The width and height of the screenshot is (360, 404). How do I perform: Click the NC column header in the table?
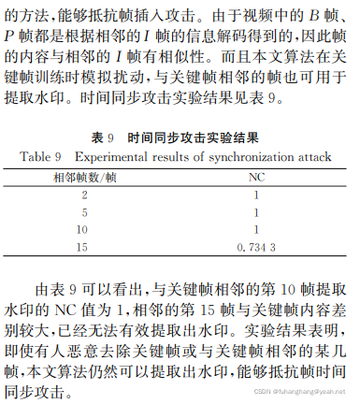(x=254, y=175)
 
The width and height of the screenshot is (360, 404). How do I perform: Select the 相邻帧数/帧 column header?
(x=85, y=175)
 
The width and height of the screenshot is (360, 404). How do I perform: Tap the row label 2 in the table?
(x=84, y=195)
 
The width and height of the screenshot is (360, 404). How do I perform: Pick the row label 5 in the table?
(x=84, y=211)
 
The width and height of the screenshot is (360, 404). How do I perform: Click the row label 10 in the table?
(x=84, y=228)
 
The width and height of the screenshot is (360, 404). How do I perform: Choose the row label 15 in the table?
(x=84, y=246)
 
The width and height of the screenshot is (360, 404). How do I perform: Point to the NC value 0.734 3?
(x=254, y=246)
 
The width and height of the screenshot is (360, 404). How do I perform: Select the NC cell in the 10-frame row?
(x=254, y=228)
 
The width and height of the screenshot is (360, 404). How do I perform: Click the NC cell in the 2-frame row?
(x=254, y=195)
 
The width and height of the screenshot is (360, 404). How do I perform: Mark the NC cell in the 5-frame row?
(x=254, y=211)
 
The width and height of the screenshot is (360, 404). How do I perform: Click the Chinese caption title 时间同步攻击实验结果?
(x=197, y=137)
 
